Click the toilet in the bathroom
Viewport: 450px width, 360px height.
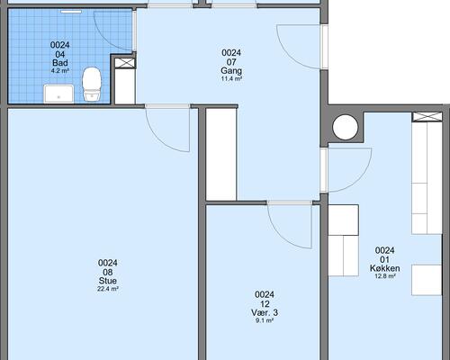92,84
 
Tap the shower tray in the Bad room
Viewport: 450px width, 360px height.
58,94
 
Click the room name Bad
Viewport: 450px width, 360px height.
60,63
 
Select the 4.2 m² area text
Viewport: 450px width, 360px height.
60,71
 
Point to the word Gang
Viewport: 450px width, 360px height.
231,71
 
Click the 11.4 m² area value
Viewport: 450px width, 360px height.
231,79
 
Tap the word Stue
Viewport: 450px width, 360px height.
108,281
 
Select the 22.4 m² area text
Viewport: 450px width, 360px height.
108,289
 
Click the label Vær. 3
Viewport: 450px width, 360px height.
265,312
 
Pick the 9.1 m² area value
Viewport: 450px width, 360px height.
265,320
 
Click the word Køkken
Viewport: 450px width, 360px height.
385,268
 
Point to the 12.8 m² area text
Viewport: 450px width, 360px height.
385,276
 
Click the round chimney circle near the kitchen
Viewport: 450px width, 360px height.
346,127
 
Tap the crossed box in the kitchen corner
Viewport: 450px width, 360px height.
427,117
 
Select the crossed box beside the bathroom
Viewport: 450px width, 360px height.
125,63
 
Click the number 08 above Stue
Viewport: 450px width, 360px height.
108,272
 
